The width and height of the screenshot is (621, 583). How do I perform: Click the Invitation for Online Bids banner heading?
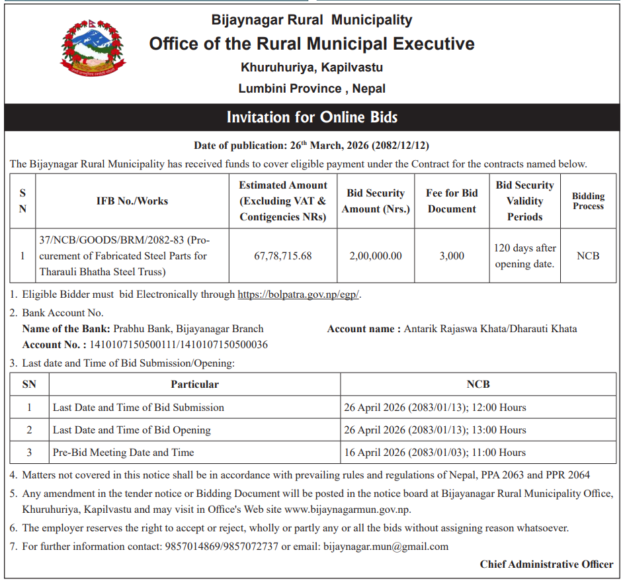311,118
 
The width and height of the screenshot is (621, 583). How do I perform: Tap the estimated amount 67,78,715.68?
283,255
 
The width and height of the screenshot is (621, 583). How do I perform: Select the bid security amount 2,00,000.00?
376,255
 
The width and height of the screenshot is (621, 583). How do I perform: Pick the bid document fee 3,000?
452,255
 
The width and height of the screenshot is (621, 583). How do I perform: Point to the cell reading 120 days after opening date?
525,255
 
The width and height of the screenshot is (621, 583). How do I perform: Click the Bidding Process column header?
588,201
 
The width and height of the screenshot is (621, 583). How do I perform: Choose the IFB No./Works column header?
132,201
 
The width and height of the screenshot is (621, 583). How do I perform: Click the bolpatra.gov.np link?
298,294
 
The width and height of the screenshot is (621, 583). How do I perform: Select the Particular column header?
194,384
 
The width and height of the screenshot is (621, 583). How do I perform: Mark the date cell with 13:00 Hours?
435,430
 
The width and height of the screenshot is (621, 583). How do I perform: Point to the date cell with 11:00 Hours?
435,453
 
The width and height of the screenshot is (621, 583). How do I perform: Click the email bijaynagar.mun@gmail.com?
386,547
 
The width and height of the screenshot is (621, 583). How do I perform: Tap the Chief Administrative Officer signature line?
546,564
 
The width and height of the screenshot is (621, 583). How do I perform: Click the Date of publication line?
311,145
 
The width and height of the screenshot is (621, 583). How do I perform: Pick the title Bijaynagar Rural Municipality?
311,20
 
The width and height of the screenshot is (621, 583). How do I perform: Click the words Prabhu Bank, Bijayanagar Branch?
188,328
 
